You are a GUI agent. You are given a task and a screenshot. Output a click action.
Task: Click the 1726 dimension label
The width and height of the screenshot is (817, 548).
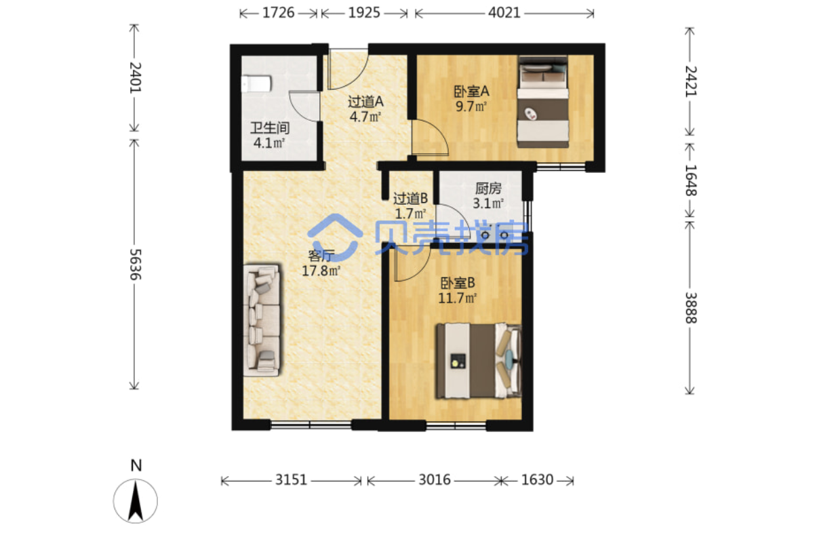pos(278,13)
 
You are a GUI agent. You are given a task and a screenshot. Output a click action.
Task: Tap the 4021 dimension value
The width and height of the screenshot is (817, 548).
pos(504,13)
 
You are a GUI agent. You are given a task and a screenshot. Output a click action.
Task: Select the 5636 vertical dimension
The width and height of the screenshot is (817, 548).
pos(136,265)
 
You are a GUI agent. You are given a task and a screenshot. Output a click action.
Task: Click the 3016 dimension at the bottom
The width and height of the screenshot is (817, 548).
pos(435,480)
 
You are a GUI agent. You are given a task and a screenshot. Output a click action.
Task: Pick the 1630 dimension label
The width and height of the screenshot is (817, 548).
pos(537,480)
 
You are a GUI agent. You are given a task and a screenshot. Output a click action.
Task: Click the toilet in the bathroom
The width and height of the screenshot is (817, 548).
pos(256,84)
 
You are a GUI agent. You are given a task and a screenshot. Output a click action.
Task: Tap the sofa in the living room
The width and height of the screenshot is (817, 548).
pos(262,320)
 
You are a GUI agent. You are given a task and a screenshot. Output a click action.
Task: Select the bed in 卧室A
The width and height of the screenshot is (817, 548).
pos(543,102)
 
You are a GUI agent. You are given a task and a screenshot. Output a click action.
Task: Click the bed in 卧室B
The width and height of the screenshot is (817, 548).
pos(479,360)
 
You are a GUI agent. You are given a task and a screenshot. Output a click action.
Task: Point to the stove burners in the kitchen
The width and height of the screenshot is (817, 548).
pos(495,235)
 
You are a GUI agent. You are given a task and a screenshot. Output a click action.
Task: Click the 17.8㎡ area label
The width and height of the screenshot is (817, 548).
pos(321,271)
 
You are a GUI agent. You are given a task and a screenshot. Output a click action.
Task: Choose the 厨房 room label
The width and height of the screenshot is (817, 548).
pos(488,189)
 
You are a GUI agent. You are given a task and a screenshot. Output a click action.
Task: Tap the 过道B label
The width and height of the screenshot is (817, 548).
pos(410,199)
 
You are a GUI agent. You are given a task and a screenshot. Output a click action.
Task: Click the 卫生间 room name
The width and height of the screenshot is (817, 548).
pos(270,128)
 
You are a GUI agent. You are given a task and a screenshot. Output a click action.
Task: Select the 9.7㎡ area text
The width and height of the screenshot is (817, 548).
pos(471,106)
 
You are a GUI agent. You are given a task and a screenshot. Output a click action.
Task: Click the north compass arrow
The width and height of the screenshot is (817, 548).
pos(136,501)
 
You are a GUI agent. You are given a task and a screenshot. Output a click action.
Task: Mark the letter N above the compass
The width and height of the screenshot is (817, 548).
pos(136,465)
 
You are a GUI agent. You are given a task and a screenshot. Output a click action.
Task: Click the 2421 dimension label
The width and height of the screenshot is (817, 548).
pos(690,81)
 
